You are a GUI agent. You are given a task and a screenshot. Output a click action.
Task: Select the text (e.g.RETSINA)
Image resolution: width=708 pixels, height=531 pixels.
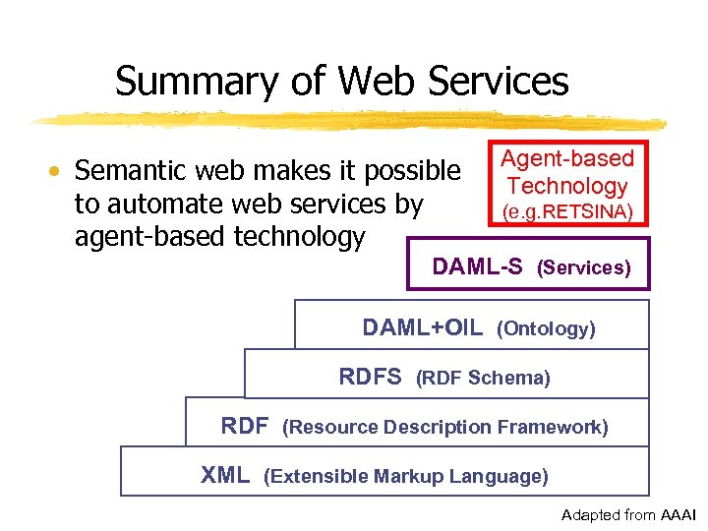tap(567, 211)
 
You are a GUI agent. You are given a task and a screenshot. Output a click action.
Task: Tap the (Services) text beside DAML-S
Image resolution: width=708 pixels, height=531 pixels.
tap(583, 267)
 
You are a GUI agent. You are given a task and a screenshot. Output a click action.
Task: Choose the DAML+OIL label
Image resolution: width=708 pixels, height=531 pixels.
tap(422, 327)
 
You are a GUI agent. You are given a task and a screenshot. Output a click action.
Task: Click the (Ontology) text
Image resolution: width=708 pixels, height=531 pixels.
tap(546, 328)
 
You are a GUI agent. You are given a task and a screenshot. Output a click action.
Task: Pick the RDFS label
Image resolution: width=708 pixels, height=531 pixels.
tap(370, 377)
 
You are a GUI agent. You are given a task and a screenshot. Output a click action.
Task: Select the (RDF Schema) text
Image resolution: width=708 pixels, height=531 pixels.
tap(483, 378)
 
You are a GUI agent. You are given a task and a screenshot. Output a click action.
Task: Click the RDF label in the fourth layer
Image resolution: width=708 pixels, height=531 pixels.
tap(245, 426)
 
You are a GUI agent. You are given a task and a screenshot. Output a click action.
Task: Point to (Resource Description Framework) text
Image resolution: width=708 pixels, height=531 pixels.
tap(444, 427)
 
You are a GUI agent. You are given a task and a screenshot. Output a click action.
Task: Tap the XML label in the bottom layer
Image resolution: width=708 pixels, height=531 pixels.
tap(225, 476)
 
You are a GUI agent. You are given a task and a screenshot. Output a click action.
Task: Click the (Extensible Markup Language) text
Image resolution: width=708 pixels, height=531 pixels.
tap(406, 477)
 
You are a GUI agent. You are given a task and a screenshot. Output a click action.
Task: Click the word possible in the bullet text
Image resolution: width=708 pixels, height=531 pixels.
tap(410, 171)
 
